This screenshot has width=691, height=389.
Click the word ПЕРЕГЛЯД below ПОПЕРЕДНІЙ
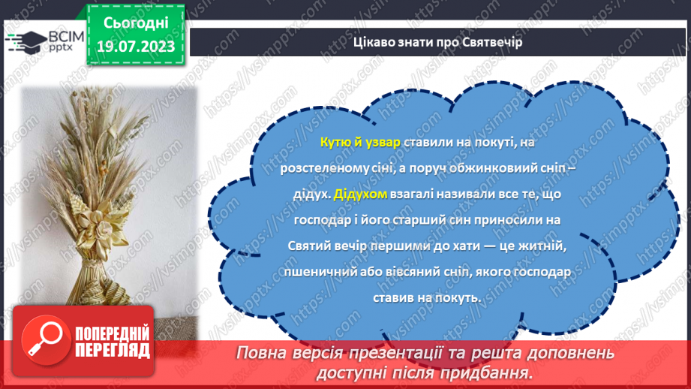click(x=113, y=351)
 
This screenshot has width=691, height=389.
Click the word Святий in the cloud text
click(x=308, y=246)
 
